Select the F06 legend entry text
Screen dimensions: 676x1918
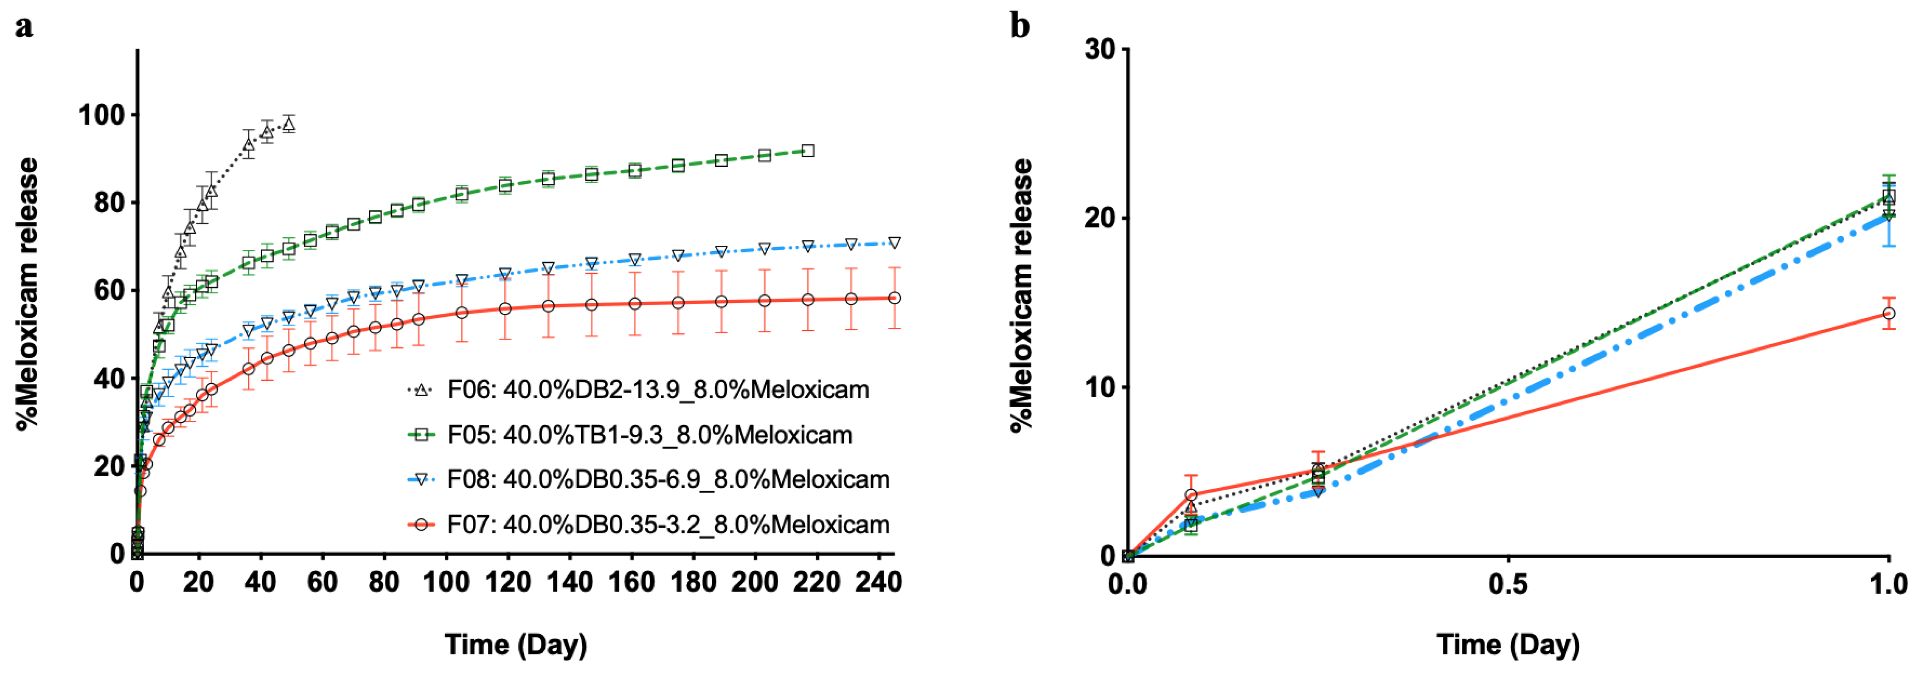coord(658,389)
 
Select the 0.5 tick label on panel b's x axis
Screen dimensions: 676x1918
coord(1508,584)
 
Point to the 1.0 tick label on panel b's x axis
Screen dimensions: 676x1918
coord(1888,584)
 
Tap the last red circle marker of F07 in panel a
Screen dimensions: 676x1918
coord(894,298)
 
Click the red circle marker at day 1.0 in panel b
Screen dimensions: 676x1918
coord(1888,313)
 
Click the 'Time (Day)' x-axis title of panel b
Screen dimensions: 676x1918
coord(1508,645)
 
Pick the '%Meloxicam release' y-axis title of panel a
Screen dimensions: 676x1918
coord(28,294)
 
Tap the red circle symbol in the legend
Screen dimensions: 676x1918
coord(421,525)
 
